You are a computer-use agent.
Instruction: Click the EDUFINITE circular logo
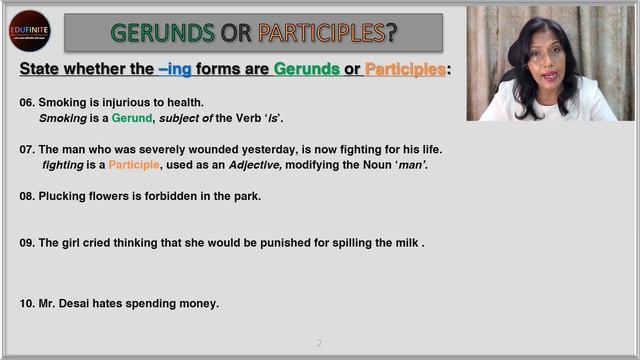pyautogui.click(x=29, y=31)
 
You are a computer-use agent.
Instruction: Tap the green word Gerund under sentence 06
pyautogui.click(x=131, y=118)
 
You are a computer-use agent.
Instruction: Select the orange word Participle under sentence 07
pyautogui.click(x=134, y=165)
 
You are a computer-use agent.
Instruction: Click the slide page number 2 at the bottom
pyautogui.click(x=319, y=343)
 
